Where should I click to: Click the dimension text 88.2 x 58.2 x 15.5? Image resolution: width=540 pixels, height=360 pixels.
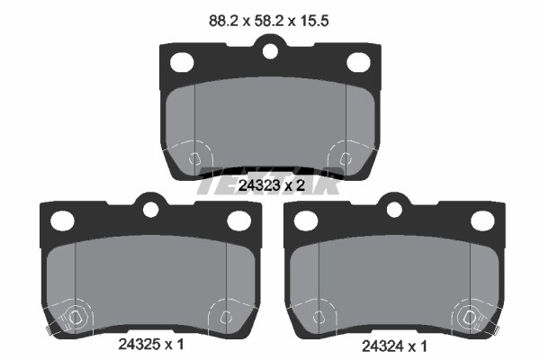pos(268,21)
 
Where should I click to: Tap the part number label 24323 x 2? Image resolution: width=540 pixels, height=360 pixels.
pos(272,185)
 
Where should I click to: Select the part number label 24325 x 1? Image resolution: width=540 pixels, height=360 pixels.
pos(151,344)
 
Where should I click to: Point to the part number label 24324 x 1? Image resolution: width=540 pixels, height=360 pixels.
pos(395,346)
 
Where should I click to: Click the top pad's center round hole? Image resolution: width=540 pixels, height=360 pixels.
pos(270,51)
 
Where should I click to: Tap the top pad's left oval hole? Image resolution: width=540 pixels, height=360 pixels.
pos(182,62)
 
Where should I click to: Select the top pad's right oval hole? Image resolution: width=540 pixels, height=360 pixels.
pos(358,62)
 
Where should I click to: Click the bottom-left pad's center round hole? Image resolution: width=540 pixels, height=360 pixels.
pos(150,210)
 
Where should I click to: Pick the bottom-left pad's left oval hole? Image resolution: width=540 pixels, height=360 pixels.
pos(62,220)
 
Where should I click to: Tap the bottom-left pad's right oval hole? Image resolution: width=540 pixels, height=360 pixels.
pos(239,220)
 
